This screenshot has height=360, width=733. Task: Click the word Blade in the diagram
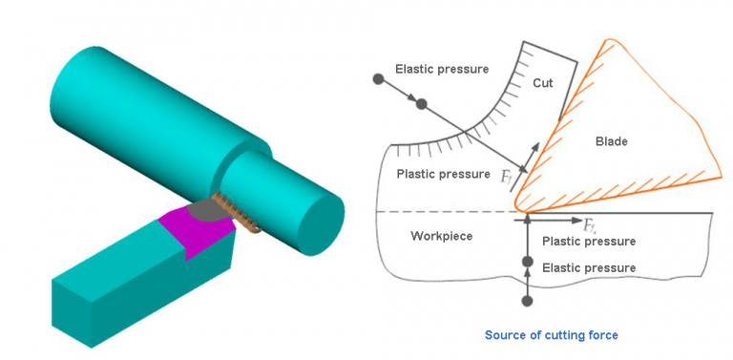[611, 142]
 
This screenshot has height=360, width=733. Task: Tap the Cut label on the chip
[542, 84]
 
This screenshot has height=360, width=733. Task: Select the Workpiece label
[441, 235]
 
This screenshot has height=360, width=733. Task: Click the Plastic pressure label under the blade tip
[588, 242]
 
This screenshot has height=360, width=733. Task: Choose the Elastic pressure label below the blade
[588, 268]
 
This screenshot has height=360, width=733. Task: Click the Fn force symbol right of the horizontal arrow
[591, 225]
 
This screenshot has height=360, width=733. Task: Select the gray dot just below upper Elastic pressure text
[421, 102]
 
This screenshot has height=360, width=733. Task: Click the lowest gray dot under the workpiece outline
[526, 302]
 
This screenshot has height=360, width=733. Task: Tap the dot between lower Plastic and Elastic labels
[526, 260]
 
